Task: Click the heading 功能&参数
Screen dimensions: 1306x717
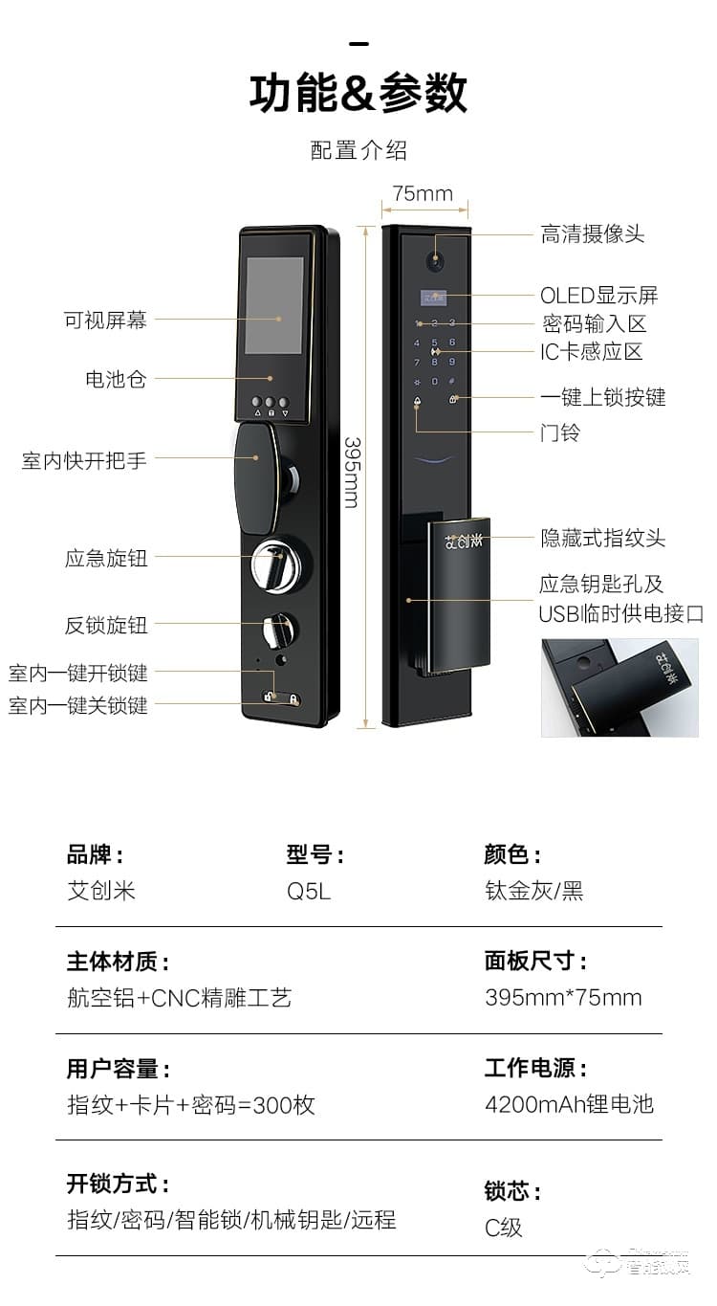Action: pos(358,94)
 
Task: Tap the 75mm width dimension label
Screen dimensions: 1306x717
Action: pos(423,193)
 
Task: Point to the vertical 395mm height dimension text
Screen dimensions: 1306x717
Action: pos(352,473)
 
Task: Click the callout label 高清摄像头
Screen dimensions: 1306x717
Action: pos(593,234)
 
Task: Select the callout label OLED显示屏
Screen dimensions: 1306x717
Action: pos(599,295)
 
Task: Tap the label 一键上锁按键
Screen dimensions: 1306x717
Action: pos(602,397)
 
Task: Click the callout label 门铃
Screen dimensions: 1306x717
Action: pos(560,432)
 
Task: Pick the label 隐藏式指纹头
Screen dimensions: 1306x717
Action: pos(602,539)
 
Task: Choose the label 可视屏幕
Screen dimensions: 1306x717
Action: pos(105,321)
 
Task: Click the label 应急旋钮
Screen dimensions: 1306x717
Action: pos(106,559)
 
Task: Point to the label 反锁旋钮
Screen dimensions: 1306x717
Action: pos(106,626)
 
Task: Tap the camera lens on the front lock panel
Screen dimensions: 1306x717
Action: pos(437,258)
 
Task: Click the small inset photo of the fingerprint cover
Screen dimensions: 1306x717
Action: pos(619,687)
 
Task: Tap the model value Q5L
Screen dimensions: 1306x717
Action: pos(308,892)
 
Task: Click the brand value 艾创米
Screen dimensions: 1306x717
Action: pos(101,891)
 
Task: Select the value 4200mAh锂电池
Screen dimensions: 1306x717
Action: pos(569,1104)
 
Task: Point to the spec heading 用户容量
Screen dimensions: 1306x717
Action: pos(118,1069)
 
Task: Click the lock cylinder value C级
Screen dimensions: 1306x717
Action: pos(504,1228)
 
